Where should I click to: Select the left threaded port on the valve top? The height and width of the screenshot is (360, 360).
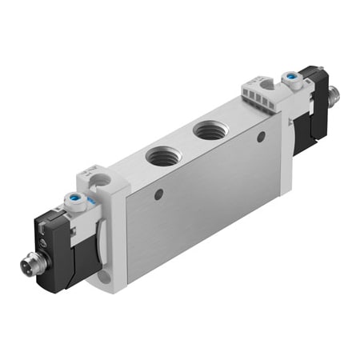[x=163, y=157]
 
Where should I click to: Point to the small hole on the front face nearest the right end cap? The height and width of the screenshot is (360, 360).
[x=261, y=137]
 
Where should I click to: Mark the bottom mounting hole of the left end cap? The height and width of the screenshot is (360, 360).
[x=106, y=278]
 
